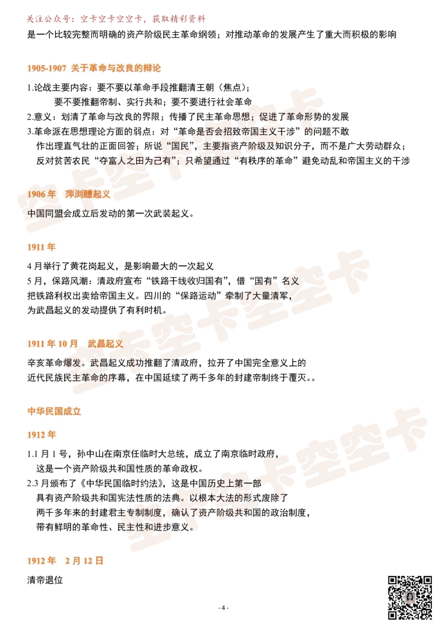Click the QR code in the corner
click(x=410, y=597)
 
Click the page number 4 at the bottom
click(x=223, y=608)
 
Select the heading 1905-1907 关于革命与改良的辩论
click(x=94, y=68)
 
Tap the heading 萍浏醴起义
click(x=88, y=194)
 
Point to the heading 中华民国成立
click(x=54, y=412)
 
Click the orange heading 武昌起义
click(x=105, y=343)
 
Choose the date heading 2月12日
click(x=84, y=561)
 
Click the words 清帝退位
click(x=45, y=580)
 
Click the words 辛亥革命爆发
click(x=54, y=363)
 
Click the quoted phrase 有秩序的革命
click(x=266, y=160)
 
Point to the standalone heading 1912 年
click(x=41, y=435)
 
